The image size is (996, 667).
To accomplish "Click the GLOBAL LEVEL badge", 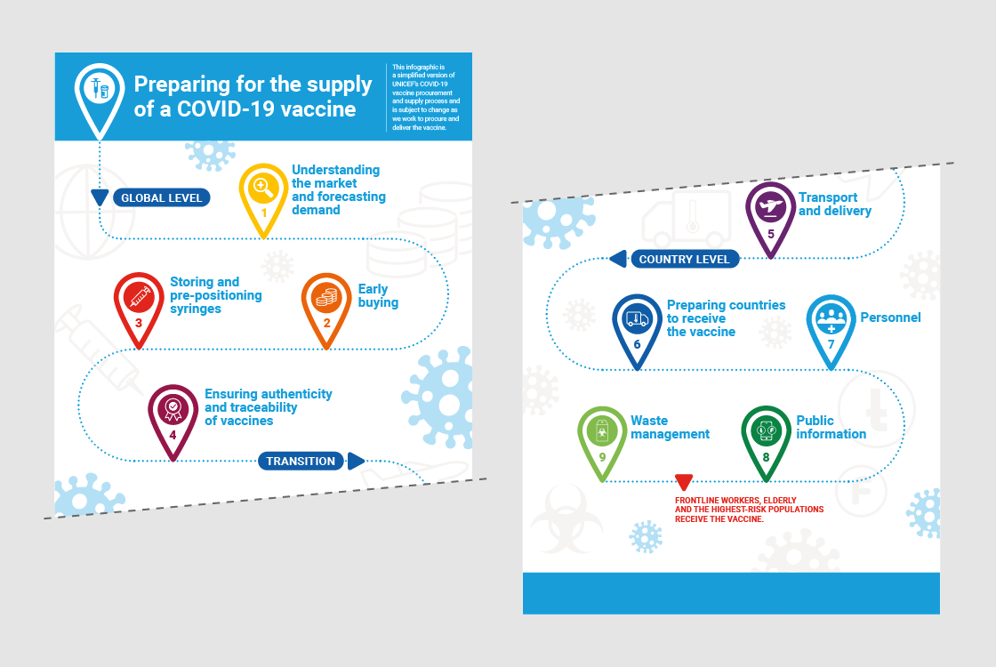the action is [x=161, y=197].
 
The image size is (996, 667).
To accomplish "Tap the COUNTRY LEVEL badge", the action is [x=685, y=259].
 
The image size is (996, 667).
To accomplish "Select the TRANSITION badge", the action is [x=301, y=462].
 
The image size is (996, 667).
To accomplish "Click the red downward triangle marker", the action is [x=684, y=481].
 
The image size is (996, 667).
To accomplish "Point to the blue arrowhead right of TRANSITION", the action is [x=355, y=462].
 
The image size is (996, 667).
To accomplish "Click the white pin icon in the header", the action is [x=99, y=94].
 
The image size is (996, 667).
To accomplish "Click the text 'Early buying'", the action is [x=378, y=295].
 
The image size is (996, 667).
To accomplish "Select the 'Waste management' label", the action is [x=671, y=428].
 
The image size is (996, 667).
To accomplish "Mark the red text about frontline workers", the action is [x=749, y=510].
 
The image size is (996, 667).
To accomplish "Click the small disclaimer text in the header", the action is [x=426, y=97].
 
